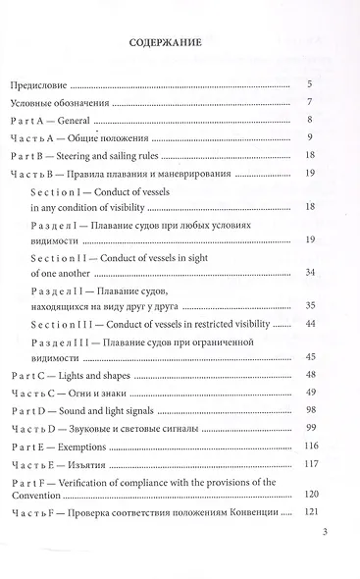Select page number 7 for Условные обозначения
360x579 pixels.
coord(309,102)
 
